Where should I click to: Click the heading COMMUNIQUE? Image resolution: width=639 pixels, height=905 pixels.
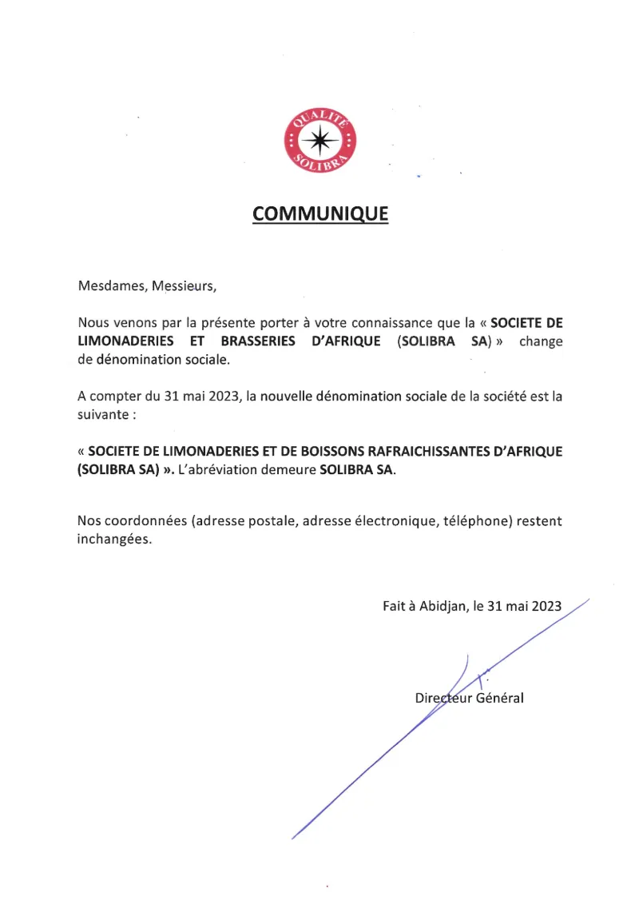[320, 214]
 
